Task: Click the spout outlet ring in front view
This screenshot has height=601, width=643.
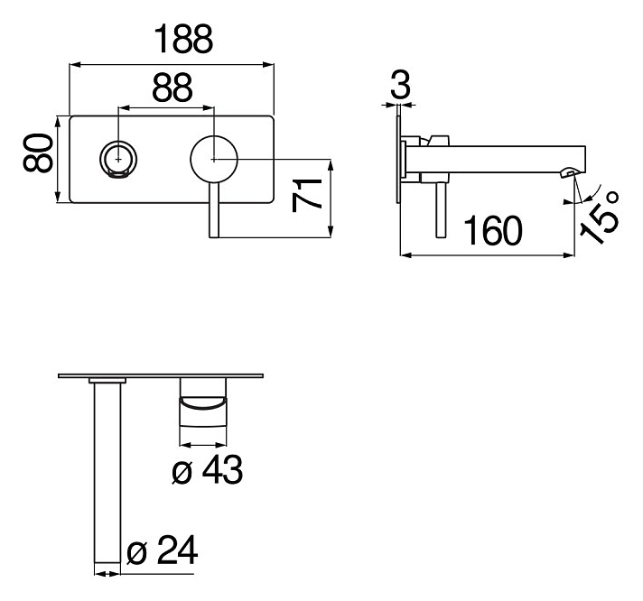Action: (x=118, y=160)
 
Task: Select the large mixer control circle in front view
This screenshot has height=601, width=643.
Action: (x=213, y=160)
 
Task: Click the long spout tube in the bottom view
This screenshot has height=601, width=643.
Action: (x=107, y=469)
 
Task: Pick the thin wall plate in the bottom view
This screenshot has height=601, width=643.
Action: (x=163, y=375)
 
